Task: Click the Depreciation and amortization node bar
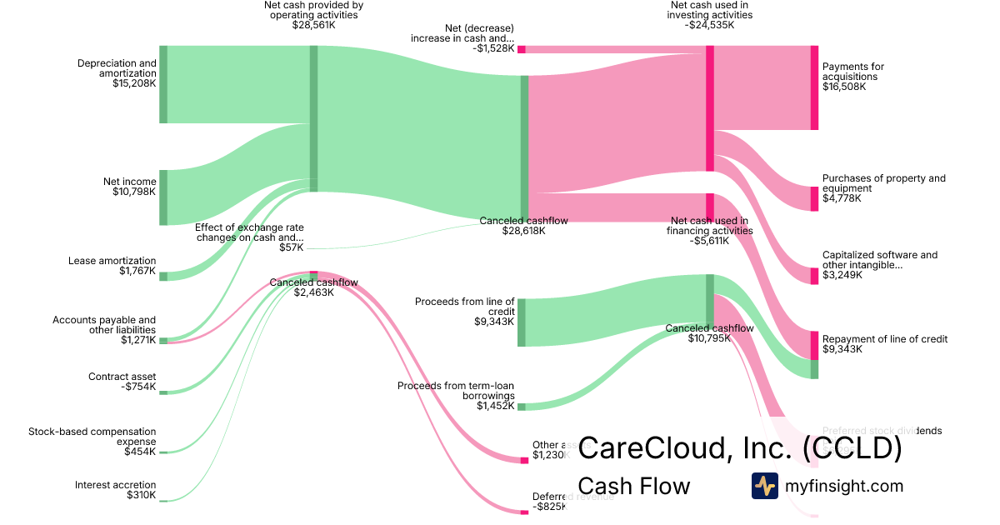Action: tap(163, 84)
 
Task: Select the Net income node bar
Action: tap(163, 197)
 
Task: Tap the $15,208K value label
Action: tap(134, 83)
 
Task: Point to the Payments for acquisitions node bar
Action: tap(814, 87)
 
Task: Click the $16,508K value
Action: tap(844, 87)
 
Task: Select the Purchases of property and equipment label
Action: tap(883, 182)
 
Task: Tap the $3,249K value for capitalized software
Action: tap(842, 275)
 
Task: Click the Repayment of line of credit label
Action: tap(884, 339)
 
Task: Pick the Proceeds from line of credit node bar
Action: tap(522, 322)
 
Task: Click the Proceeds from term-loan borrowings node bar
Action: tap(522, 407)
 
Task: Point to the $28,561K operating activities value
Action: tap(313, 25)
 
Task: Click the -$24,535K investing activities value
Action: tap(709, 25)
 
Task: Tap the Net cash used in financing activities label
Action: tap(709, 226)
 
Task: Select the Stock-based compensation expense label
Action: tap(92, 437)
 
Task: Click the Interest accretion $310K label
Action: tap(115, 490)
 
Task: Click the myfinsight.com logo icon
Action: tap(764, 486)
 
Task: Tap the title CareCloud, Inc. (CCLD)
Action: tap(740, 448)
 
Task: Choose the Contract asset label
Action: tap(122, 377)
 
